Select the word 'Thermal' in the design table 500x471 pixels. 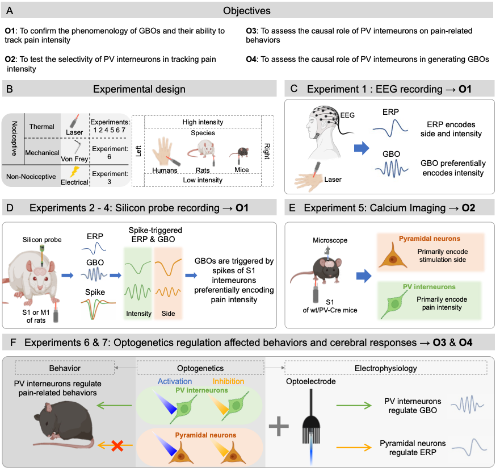[42, 127]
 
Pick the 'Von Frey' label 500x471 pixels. [74, 159]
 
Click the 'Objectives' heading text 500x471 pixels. [247, 11]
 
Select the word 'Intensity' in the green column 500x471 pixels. [138, 314]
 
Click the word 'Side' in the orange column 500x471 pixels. [168, 314]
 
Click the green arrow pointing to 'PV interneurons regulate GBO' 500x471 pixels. [353, 406]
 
